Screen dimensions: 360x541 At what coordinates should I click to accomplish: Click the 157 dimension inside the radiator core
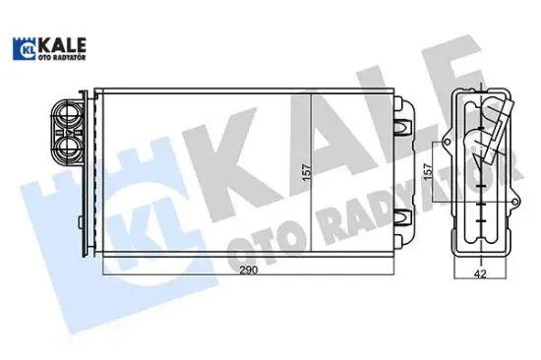[x=304, y=176]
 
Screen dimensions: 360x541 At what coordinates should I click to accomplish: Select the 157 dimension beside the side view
[x=427, y=170]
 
